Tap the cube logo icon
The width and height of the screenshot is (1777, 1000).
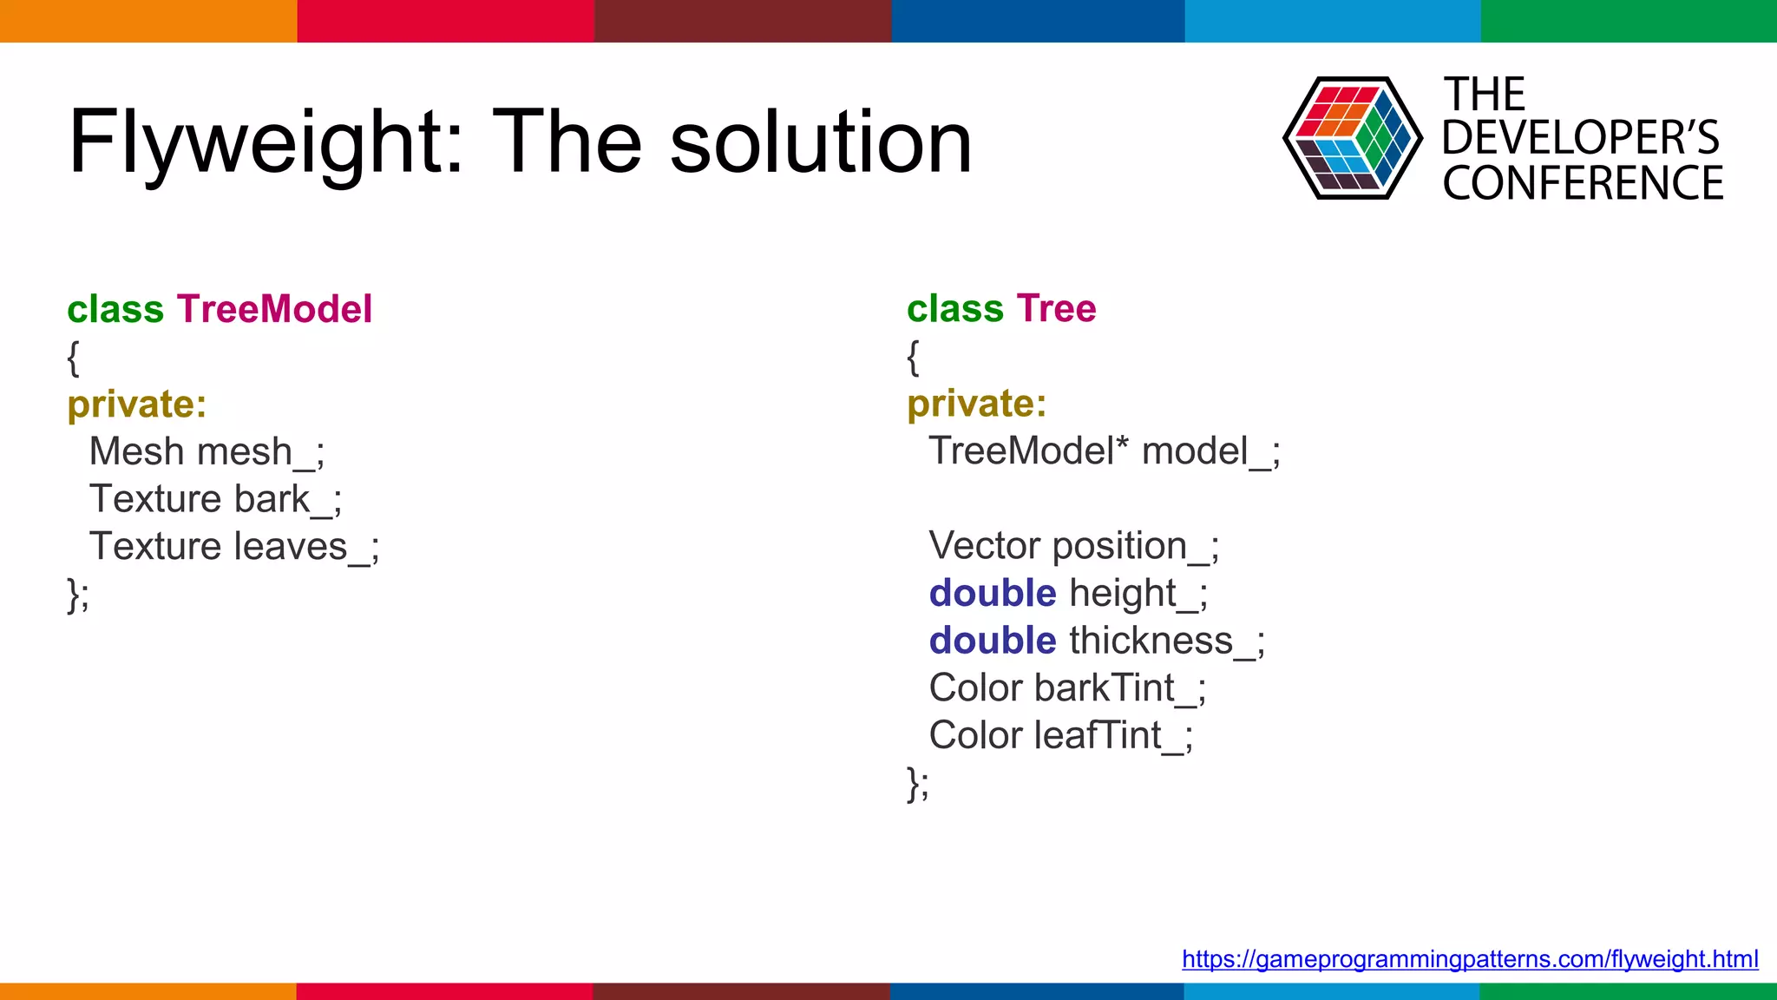pyautogui.click(x=1352, y=138)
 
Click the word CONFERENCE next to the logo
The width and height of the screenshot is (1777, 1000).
pyautogui.click(x=1583, y=183)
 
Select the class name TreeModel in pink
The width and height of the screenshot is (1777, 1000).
pyautogui.click(x=274, y=309)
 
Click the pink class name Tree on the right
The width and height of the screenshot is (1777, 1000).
pyautogui.click(x=1056, y=309)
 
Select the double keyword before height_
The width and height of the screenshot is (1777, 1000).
pyautogui.click(x=992, y=594)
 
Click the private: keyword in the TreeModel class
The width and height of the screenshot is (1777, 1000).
pyautogui.click(x=137, y=405)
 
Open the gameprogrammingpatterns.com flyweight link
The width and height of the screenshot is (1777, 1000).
pyautogui.click(x=1469, y=959)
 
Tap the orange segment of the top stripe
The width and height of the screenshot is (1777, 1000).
pyautogui.click(x=148, y=21)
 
